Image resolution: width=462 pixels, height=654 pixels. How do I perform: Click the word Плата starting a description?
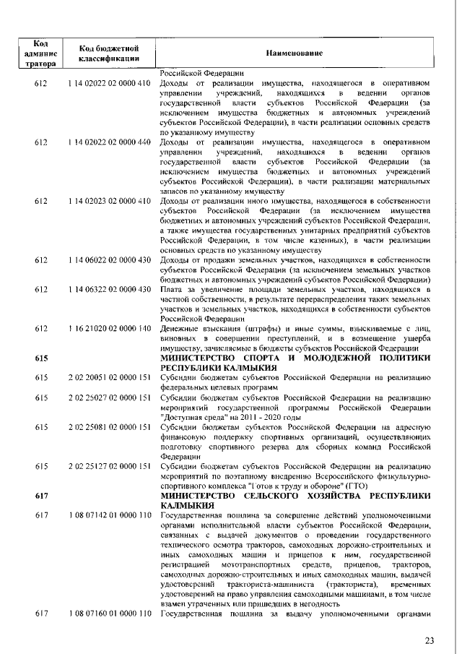tap(170, 288)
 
